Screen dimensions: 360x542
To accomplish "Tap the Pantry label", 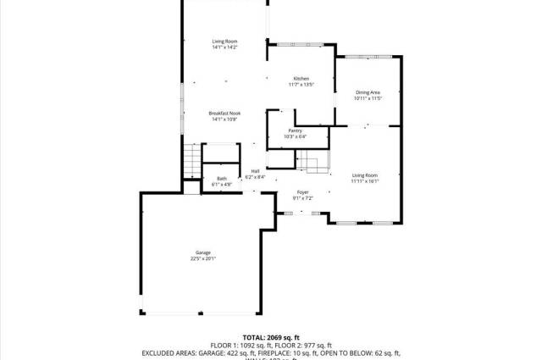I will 295,130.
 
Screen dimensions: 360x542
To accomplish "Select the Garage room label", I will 203,252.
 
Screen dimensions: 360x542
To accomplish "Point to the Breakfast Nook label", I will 224,114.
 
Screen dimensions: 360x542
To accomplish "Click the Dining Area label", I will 368,92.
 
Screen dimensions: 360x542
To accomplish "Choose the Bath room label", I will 222,178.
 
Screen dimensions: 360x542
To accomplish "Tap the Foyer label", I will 303,192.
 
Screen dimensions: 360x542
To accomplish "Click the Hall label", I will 255,171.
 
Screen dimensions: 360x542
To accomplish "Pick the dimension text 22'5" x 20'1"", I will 203,258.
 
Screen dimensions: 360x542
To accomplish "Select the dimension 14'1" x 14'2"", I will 224,47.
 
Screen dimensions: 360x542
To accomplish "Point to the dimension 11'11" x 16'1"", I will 365,180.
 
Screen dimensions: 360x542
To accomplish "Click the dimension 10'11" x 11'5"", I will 368,98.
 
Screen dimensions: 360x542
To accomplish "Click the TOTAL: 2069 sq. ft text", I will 271,337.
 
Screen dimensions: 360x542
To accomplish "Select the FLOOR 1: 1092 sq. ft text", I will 233,345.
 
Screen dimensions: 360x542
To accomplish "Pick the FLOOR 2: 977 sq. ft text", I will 307,345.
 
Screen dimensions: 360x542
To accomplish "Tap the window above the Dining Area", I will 368,57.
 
